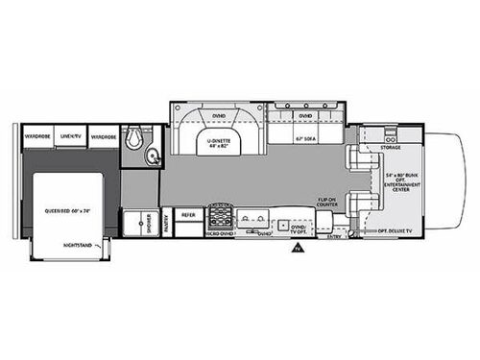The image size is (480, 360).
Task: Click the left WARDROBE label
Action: click(x=38, y=137)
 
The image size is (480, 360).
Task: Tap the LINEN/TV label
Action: click(x=71, y=137)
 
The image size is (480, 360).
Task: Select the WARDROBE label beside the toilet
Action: click(x=104, y=137)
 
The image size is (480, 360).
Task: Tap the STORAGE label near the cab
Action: click(x=389, y=148)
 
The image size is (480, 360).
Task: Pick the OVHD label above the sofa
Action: click(x=305, y=116)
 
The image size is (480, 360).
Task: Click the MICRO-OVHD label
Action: click(x=220, y=233)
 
